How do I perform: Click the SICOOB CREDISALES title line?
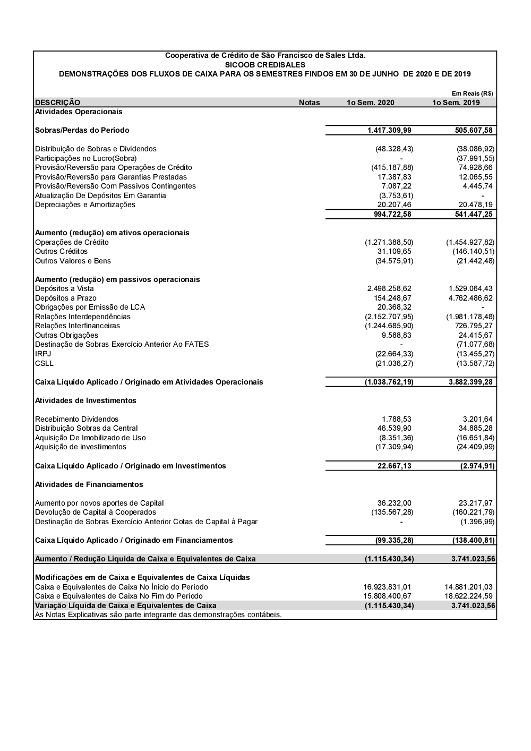265,65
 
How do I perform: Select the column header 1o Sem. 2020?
370,103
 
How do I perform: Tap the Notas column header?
309,103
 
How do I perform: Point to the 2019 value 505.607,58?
474,130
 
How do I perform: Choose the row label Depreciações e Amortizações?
85,205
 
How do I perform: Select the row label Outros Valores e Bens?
73,261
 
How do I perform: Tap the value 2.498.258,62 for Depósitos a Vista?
389,289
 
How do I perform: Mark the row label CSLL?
44,363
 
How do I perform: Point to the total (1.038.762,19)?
389,382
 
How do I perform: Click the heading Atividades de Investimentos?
85,400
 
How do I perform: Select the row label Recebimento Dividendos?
76,419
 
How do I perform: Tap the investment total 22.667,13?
393,466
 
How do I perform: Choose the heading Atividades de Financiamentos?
89,484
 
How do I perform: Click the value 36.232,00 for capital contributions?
394,503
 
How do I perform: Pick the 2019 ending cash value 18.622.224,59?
468,596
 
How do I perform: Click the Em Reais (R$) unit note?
472,93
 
